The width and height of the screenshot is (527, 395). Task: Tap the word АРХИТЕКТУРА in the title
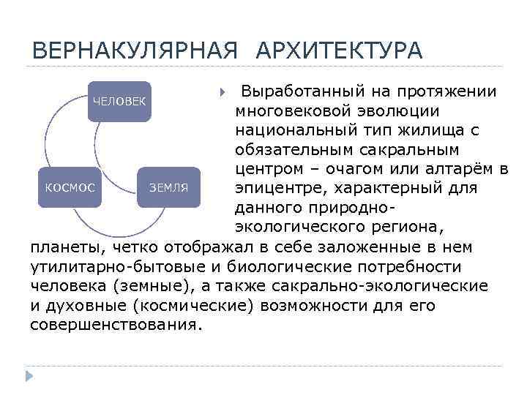(x=340, y=51)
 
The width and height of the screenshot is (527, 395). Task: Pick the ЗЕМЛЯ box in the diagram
(x=169, y=187)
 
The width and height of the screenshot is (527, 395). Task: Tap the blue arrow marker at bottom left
(x=30, y=376)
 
